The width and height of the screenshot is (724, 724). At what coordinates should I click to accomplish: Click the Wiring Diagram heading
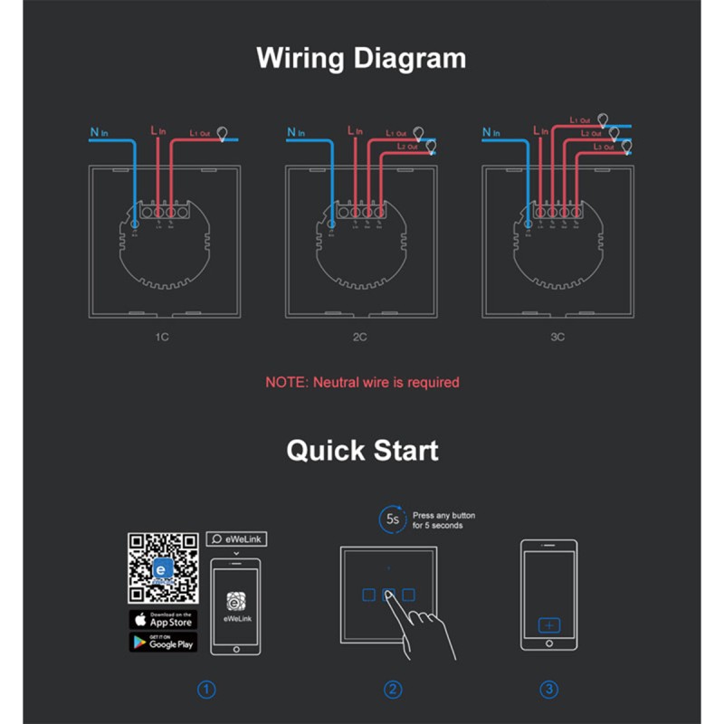361,58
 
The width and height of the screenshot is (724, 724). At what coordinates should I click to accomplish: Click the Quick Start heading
362,450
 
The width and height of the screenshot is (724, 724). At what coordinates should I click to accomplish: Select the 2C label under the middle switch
361,337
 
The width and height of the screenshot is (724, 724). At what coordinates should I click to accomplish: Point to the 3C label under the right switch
557,337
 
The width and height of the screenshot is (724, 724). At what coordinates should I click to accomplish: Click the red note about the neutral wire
362,382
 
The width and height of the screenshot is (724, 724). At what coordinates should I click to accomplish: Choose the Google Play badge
163,642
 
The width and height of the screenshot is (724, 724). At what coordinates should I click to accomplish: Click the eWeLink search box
236,539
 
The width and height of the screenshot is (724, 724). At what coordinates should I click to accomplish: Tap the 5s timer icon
391,519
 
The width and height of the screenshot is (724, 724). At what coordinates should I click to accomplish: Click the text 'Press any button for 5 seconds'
443,520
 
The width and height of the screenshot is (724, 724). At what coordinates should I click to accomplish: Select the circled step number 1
207,690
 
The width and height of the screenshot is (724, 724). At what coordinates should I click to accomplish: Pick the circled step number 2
393,690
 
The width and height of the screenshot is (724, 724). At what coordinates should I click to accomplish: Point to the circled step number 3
548,690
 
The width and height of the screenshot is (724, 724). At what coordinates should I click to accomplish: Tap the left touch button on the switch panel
367,595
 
